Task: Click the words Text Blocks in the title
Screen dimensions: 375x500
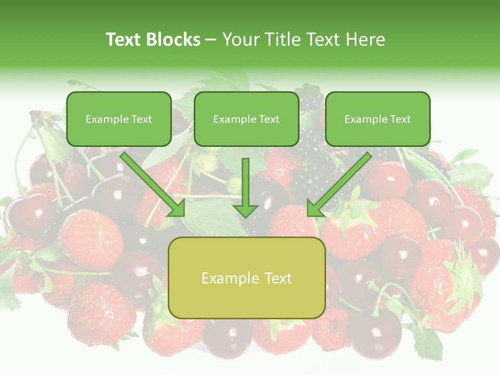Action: (153, 40)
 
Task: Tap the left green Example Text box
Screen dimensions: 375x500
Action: (119, 119)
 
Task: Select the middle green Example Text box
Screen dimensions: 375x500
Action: (246, 119)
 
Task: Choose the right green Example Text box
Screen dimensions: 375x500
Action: (378, 119)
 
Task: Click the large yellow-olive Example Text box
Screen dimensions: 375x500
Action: (246, 278)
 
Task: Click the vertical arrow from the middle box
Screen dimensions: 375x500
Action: (245, 182)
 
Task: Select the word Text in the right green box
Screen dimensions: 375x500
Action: (400, 119)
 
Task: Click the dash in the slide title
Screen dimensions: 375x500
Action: (211, 40)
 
